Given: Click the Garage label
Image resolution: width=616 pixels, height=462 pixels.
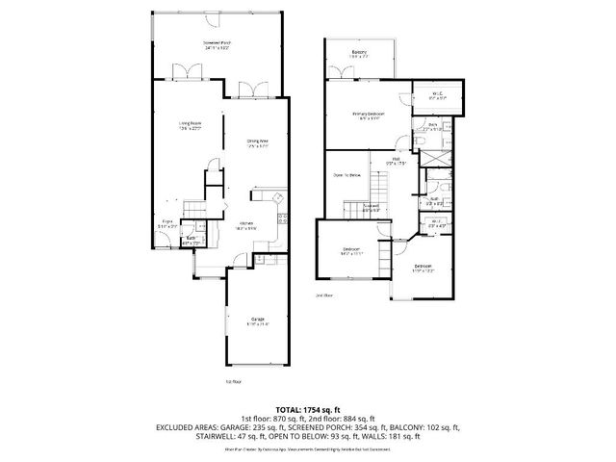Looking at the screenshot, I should click(258, 321).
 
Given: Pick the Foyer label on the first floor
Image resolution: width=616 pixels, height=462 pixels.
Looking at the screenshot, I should click(166, 223).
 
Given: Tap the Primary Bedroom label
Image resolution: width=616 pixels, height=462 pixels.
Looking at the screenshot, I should click(367, 115).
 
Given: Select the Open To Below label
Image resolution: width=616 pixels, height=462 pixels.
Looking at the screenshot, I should click(346, 174).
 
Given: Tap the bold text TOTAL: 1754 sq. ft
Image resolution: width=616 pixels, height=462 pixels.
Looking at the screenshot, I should click(308, 408).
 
